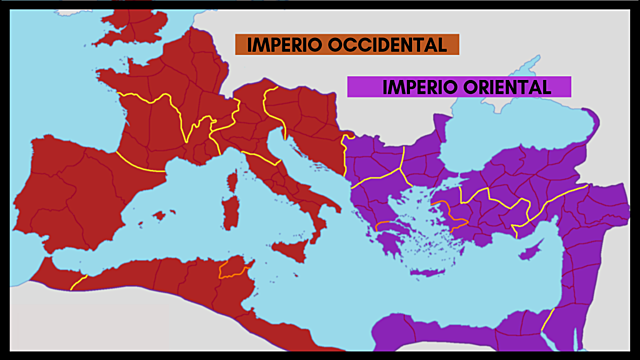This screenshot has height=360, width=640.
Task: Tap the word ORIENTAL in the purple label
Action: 510,87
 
